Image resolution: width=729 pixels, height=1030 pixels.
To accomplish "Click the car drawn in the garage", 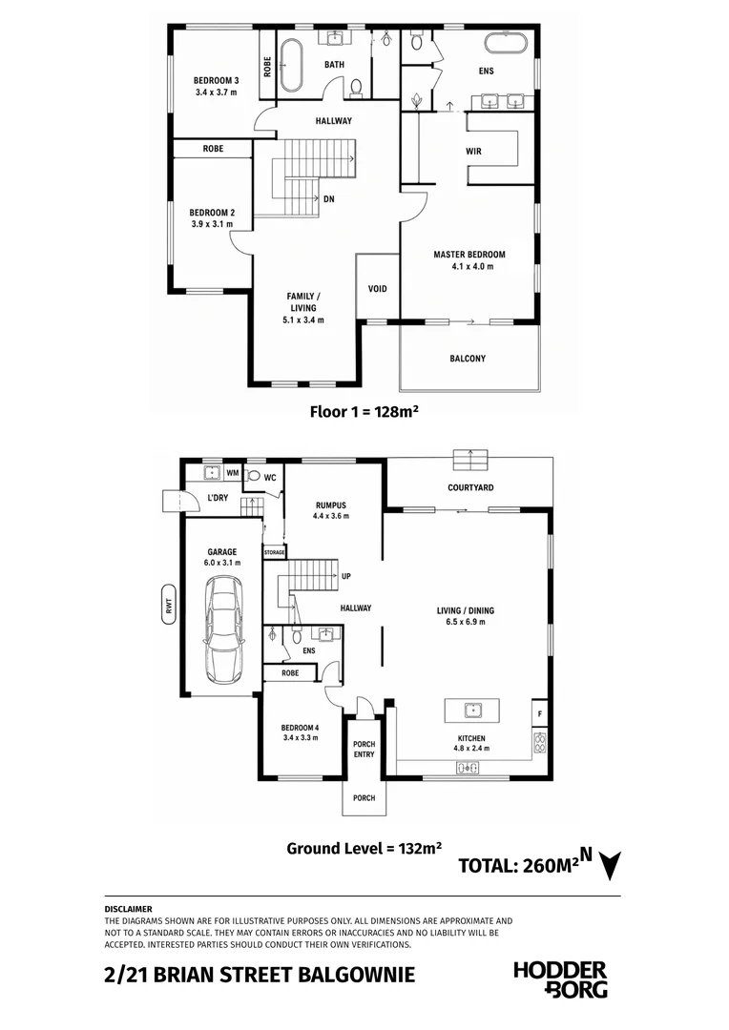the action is (x=222, y=630).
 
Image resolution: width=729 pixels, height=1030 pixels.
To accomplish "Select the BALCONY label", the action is (x=469, y=359).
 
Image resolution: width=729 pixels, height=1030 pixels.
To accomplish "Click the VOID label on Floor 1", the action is (x=377, y=288).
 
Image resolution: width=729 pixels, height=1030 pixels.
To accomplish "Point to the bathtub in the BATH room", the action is (x=291, y=66).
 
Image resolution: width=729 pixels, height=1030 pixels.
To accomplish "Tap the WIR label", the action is (x=474, y=151).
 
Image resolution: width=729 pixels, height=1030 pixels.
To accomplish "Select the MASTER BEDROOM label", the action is (x=469, y=255).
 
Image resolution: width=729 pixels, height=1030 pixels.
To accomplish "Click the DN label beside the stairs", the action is (x=328, y=199).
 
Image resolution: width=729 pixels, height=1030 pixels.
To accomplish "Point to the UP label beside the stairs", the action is (x=346, y=576).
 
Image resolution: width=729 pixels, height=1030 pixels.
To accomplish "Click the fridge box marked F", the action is (x=540, y=714).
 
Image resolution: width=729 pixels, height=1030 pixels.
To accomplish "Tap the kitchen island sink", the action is (x=471, y=711).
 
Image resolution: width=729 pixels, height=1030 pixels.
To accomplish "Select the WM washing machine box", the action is (x=233, y=472).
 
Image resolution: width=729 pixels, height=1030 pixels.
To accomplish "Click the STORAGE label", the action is (x=274, y=552).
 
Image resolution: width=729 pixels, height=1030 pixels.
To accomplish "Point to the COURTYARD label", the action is (x=470, y=487).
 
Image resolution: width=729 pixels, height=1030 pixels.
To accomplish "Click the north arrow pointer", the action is (x=611, y=866).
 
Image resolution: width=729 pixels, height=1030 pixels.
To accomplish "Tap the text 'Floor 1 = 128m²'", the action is (x=364, y=412).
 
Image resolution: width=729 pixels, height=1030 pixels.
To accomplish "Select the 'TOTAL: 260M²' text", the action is (x=519, y=865).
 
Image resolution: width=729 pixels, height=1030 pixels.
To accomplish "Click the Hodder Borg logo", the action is (x=560, y=978).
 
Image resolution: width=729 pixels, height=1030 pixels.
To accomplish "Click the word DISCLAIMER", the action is (x=128, y=909).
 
